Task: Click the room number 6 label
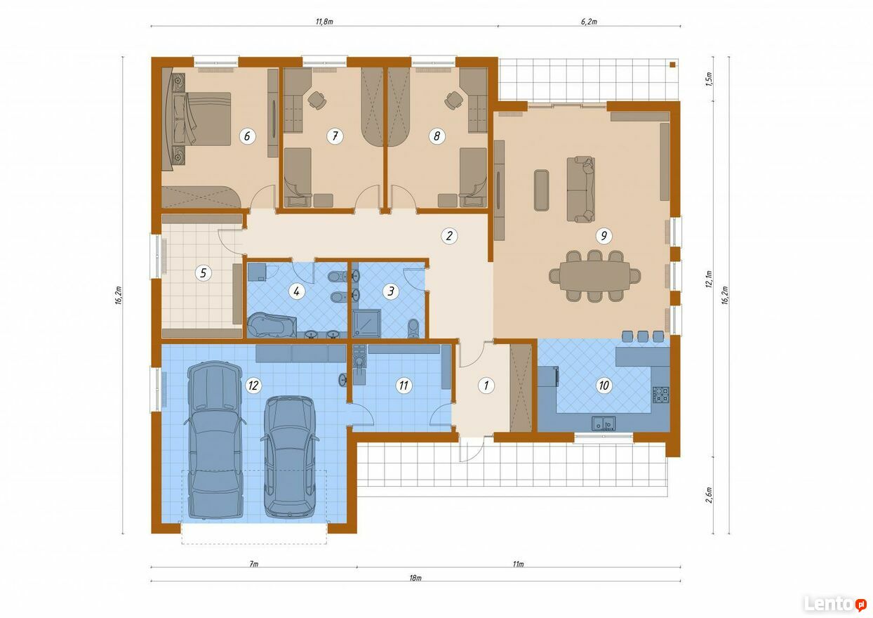pos(247,136)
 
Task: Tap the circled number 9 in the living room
pos(604,235)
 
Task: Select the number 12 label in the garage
pos(253,386)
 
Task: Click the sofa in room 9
pos(580,190)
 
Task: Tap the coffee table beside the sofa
pos(541,190)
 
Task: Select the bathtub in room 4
pos(272,324)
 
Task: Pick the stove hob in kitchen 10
pos(661,395)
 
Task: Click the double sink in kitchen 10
pos(604,423)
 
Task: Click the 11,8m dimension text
pos(324,22)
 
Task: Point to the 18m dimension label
pos(415,578)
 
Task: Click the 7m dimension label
pos(253,564)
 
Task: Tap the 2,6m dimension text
pos(709,495)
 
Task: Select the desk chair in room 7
pos(317,100)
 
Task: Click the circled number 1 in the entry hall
pos(486,386)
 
